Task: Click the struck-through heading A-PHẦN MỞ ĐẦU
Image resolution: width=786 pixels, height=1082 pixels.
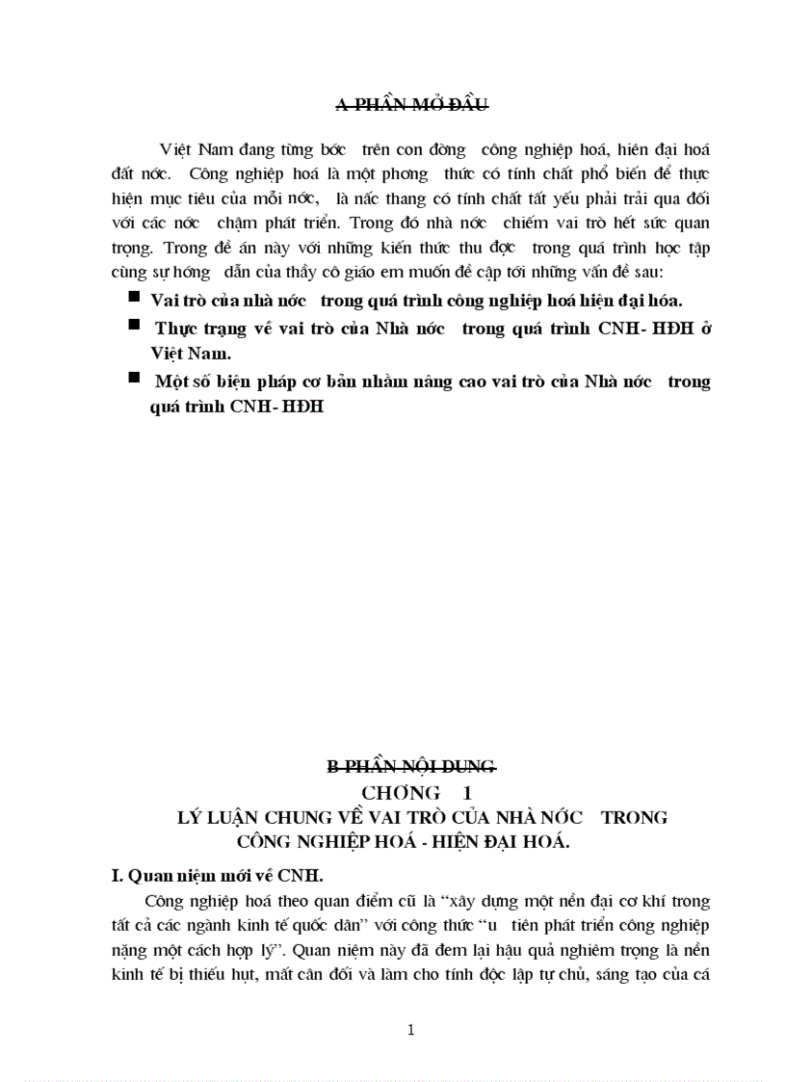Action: click(410, 104)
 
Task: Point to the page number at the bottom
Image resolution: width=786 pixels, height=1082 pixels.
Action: click(411, 1030)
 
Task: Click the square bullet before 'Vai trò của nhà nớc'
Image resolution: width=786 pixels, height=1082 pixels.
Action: click(133, 298)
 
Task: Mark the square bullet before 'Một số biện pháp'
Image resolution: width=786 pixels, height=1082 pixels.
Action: click(133, 379)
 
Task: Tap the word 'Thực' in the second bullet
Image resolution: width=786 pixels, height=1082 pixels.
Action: click(176, 328)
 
